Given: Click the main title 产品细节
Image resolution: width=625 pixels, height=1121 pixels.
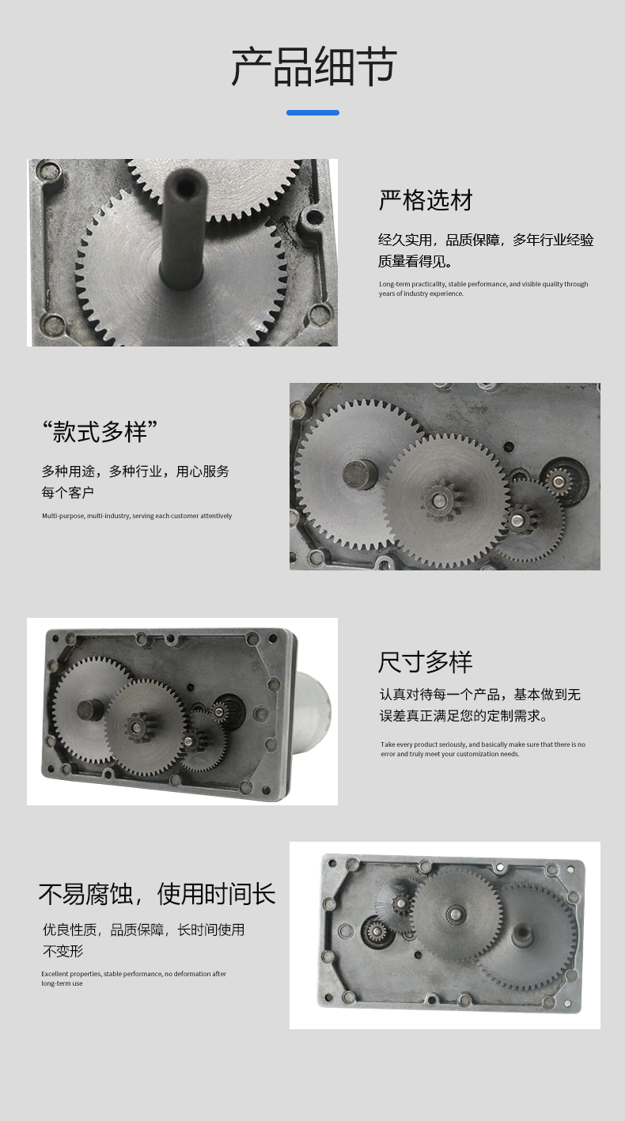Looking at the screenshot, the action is tap(314, 66).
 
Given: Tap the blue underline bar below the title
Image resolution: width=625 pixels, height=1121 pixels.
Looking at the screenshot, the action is tap(312, 112).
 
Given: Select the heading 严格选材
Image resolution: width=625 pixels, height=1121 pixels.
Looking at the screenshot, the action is tap(426, 200).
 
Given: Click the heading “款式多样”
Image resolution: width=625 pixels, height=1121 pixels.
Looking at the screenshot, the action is tap(100, 431).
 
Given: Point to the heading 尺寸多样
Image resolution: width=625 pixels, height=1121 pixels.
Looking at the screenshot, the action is tap(426, 662).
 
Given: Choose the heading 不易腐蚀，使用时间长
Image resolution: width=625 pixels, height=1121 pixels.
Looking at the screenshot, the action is tap(157, 894).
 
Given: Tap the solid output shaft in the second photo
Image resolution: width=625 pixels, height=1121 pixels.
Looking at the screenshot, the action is tap(360, 474).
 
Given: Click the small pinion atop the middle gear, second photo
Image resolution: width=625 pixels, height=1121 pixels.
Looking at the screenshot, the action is tap(439, 499).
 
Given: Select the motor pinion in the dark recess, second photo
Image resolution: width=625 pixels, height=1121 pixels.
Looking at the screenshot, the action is tap(558, 482).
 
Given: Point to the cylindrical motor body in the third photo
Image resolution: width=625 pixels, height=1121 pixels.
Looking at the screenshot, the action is tap(311, 711).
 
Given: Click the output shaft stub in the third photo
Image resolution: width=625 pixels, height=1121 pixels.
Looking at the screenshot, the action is tap(90, 710).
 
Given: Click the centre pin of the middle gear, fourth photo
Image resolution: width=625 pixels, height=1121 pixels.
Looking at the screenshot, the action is tap(456, 913).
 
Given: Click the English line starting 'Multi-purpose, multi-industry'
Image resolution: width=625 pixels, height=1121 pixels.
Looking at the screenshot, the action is tap(137, 516).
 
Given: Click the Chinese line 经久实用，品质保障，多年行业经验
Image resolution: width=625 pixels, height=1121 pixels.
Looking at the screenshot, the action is tap(486, 240).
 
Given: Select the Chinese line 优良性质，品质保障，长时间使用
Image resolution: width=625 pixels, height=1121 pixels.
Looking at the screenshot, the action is tap(144, 930).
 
